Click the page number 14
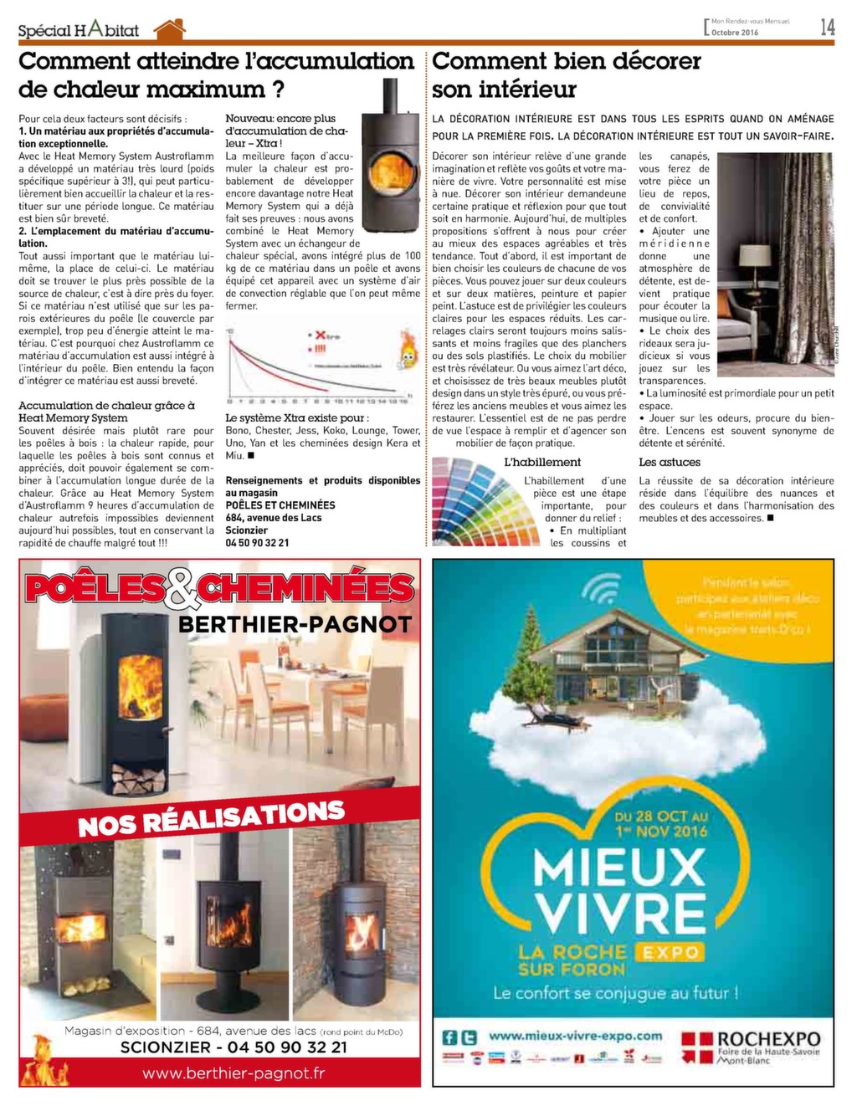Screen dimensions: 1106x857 pos(827,27)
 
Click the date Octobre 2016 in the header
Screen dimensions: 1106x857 pos(735,33)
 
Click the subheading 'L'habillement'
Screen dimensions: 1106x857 pos(541,462)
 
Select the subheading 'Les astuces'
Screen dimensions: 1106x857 pos(670,462)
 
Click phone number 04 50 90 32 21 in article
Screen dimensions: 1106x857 pos(257,542)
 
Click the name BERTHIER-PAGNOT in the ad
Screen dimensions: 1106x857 pos(295,624)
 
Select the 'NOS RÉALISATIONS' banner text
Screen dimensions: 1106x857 pos(211,817)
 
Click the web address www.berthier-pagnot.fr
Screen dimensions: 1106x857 pos(233,1073)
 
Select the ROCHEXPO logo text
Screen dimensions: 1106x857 pos(768,1039)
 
